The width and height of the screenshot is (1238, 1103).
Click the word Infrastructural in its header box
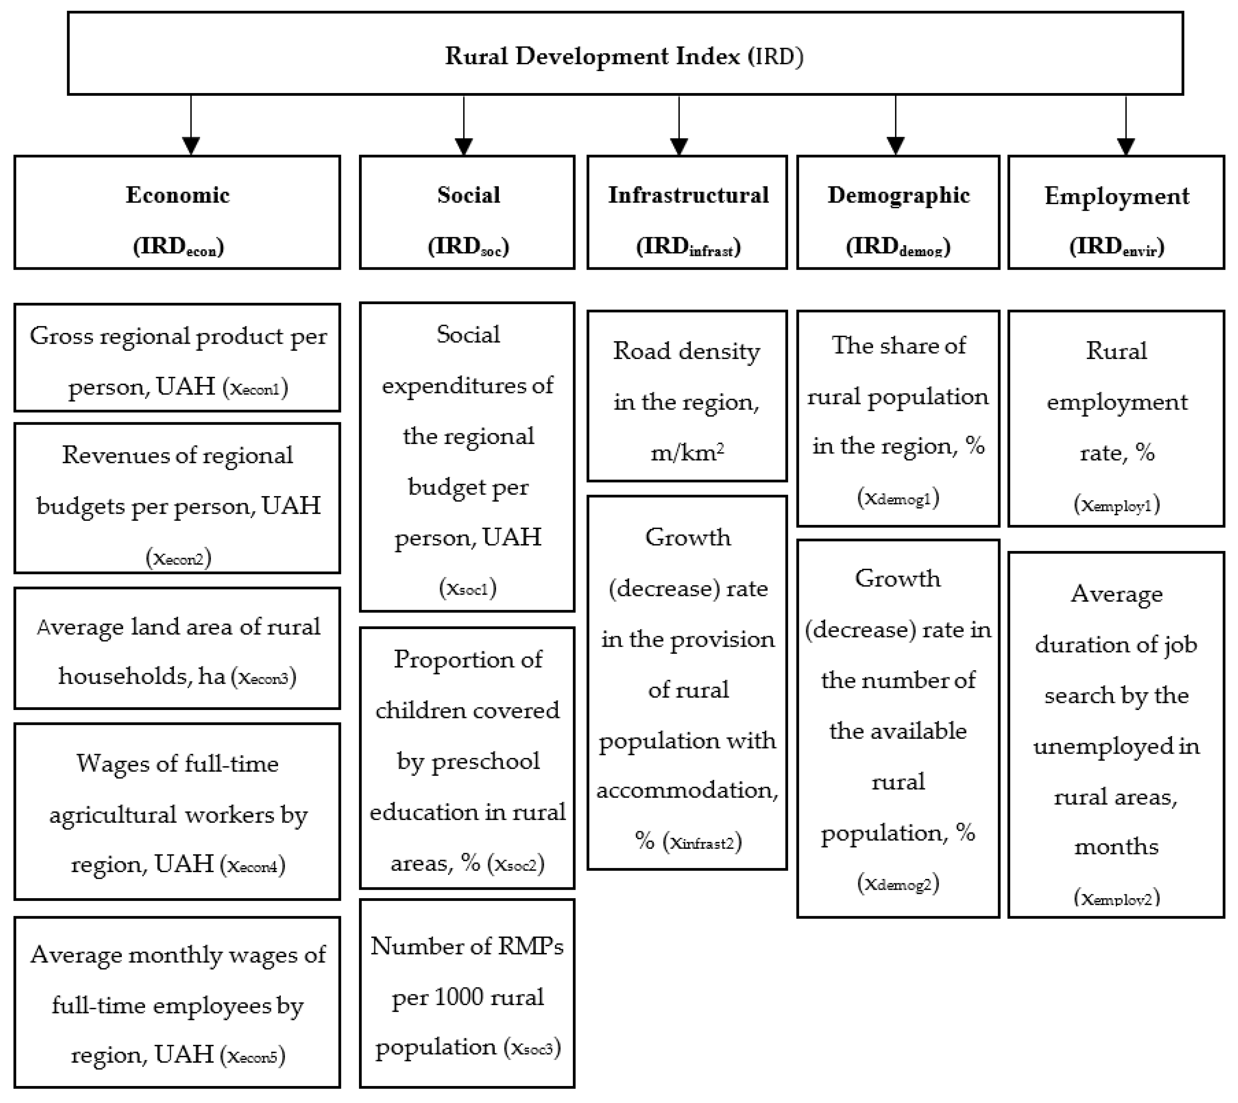(688, 195)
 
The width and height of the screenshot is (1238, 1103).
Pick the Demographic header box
(897, 212)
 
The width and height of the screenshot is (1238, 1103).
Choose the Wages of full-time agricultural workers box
(177, 812)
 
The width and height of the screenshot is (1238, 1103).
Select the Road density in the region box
(687, 397)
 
